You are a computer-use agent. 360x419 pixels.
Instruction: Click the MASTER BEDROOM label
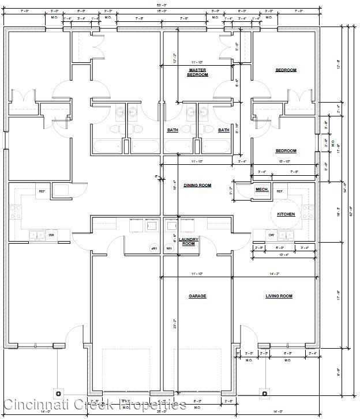[197, 72]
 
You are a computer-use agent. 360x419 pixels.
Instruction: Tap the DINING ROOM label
[197, 186]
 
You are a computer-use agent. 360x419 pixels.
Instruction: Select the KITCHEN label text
[286, 214]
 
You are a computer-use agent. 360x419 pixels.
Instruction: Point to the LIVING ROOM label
[279, 296]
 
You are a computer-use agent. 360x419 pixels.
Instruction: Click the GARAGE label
[197, 296]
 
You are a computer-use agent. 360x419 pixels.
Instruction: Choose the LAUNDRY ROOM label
[189, 241]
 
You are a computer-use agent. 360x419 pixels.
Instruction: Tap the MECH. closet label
[262, 190]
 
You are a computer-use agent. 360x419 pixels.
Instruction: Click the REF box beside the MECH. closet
[280, 191]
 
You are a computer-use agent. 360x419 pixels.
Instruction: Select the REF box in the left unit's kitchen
[42, 191]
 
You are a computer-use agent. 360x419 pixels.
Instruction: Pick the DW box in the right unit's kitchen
[271, 235]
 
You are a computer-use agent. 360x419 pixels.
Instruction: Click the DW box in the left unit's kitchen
[51, 235]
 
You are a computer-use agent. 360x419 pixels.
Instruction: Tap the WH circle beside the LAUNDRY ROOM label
[169, 248]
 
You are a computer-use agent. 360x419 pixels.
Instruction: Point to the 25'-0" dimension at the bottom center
[162, 412]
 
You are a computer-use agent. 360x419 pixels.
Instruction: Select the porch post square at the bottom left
[58, 393]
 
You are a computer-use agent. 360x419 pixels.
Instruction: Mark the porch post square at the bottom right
[265, 393]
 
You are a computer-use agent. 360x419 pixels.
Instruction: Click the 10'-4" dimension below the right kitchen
[283, 255]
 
